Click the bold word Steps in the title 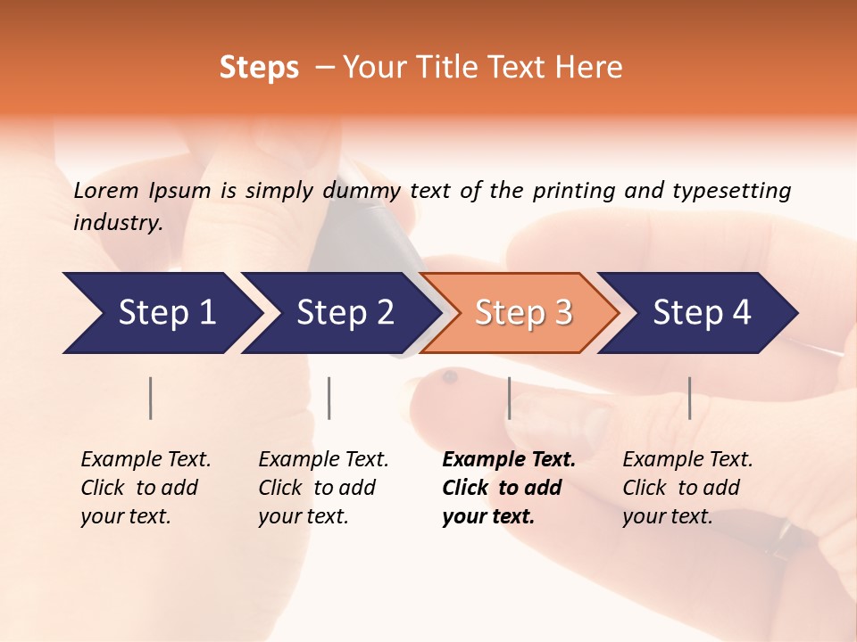[259, 68]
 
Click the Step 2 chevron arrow [339, 313]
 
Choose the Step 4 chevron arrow [698, 313]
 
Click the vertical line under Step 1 [151, 398]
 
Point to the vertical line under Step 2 [329, 398]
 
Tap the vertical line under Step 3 [509, 398]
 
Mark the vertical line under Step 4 [689, 398]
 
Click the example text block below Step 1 [146, 488]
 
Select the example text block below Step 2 [323, 488]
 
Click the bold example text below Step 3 [508, 488]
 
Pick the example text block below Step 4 [687, 488]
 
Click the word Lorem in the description [106, 190]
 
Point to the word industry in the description [118, 223]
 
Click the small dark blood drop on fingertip [449, 378]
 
